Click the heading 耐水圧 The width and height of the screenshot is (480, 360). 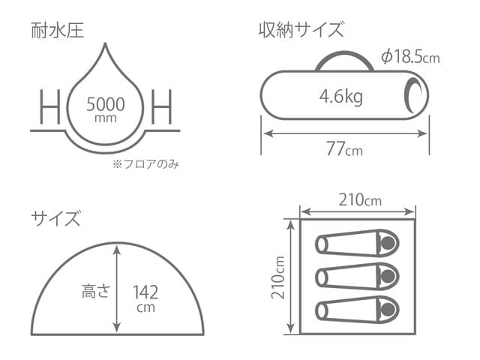click(57, 31)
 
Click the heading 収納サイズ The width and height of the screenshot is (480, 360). click(301, 31)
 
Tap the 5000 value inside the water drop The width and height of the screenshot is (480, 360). click(106, 102)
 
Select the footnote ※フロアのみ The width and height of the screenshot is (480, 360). click(146, 163)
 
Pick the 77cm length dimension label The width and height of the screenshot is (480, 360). click(344, 148)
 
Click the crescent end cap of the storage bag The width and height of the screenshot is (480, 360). click(414, 96)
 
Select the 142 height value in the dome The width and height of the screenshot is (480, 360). click(145, 291)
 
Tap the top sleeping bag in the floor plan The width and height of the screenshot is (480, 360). click(357, 244)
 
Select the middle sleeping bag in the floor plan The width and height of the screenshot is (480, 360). click(357, 276)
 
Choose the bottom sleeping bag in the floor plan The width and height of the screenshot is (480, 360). click(357, 309)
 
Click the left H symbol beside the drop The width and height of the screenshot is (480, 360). click(49, 107)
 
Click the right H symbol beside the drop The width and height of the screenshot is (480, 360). click(162, 107)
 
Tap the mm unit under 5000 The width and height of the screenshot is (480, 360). click(106, 118)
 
